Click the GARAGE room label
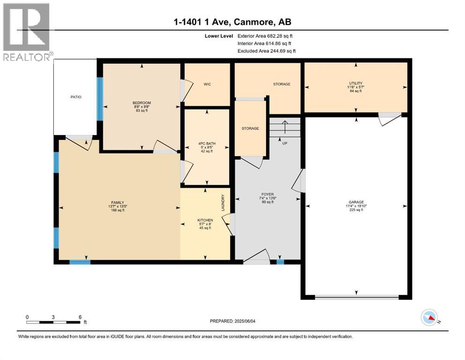click(x=356, y=202)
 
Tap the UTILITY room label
click(x=355, y=83)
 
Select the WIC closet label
click(x=207, y=84)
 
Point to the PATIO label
click(x=76, y=97)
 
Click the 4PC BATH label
click(x=206, y=143)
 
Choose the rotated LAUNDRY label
click(x=223, y=202)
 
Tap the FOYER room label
click(x=267, y=194)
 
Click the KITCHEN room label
click(x=205, y=220)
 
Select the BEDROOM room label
click(x=141, y=103)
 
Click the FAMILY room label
click(x=117, y=202)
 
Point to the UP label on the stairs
click(x=284, y=143)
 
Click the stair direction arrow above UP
click(x=285, y=127)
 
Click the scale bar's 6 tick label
click(x=80, y=317)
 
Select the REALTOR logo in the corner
click(x=27, y=32)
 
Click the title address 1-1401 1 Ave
click(x=233, y=22)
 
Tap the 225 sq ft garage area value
click(x=356, y=210)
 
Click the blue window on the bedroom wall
click(x=99, y=99)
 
